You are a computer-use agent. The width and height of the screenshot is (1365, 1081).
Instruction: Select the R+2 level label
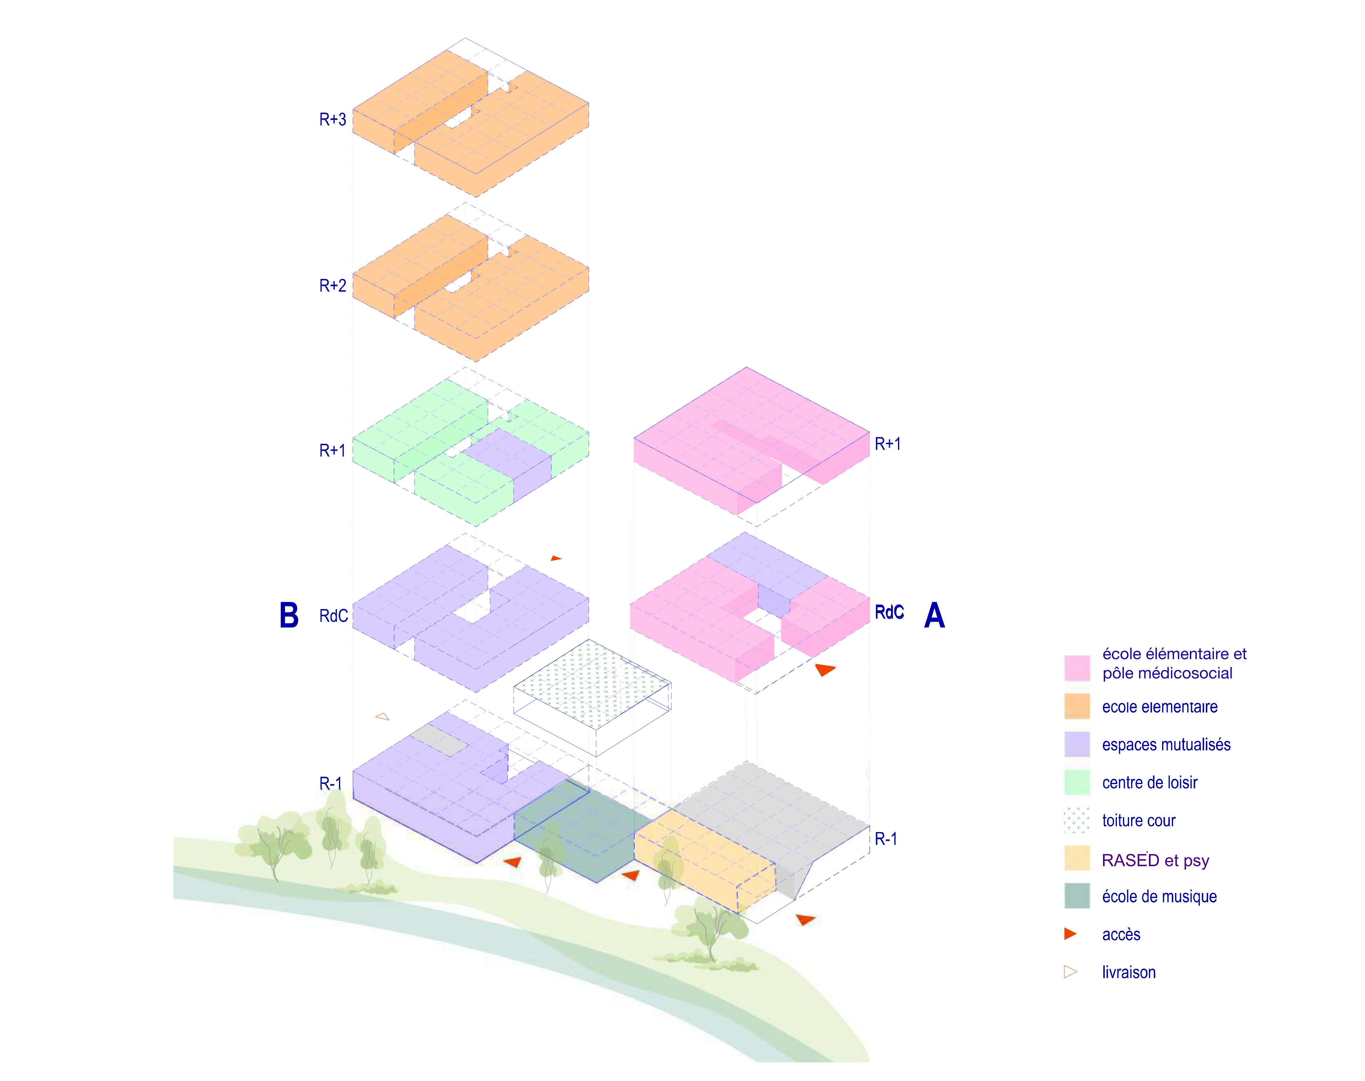(332, 285)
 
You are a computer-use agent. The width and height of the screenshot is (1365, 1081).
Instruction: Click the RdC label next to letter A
(889, 612)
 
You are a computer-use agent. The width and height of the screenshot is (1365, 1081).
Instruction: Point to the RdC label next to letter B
(334, 616)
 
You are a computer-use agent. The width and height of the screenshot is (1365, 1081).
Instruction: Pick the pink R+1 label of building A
(887, 444)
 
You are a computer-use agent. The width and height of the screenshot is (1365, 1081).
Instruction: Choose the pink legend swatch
(1077, 668)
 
